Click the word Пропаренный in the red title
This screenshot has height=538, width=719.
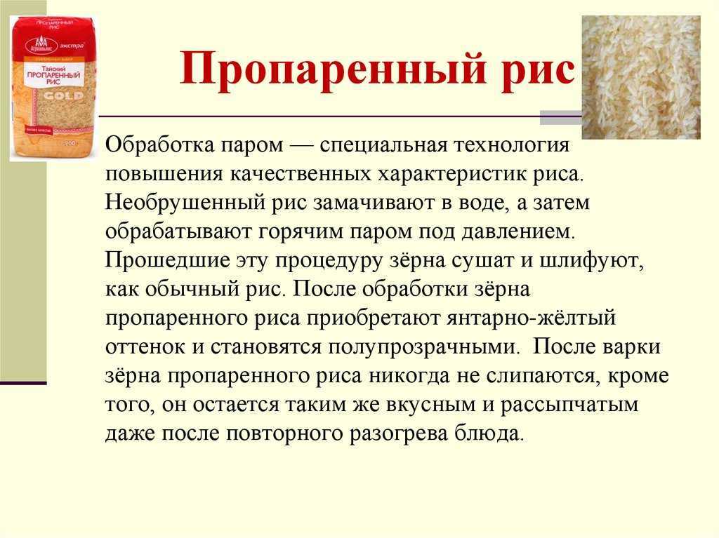332,69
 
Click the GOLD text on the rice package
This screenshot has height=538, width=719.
64,96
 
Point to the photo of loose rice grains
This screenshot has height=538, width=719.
641,77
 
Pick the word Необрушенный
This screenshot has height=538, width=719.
185,203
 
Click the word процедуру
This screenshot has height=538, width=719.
329,261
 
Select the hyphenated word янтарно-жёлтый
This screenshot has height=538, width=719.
531,318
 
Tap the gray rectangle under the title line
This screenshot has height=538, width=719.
561,118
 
